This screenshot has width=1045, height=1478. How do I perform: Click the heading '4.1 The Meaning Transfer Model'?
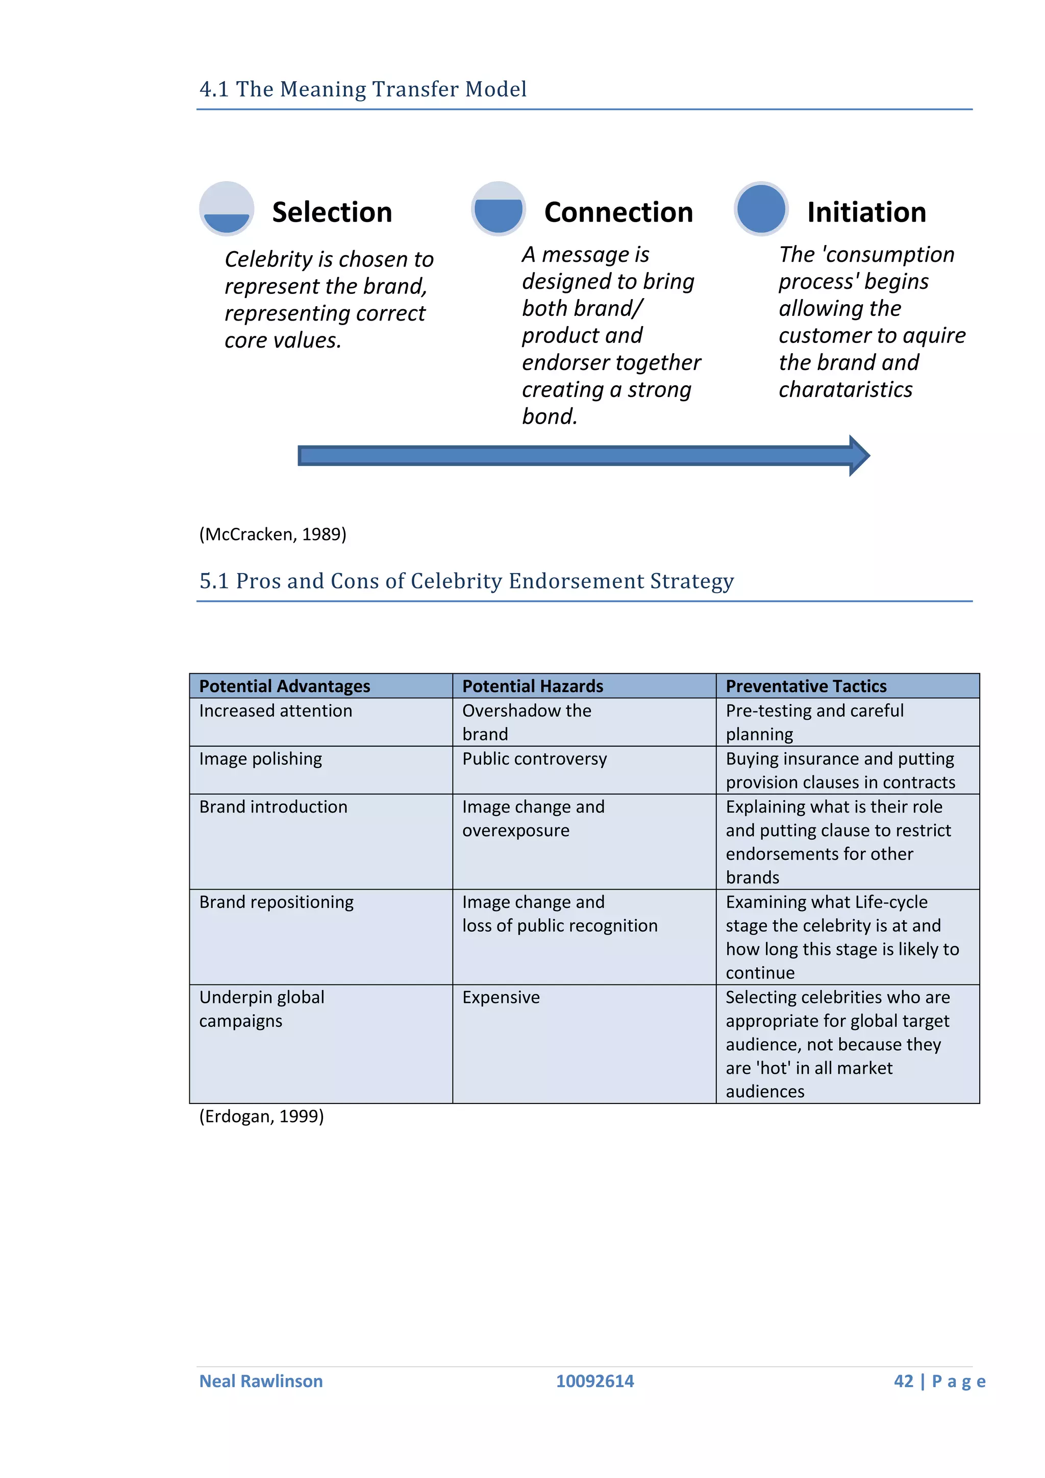(363, 89)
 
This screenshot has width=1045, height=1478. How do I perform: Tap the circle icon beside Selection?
(227, 209)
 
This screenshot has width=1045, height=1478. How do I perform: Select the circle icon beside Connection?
(498, 209)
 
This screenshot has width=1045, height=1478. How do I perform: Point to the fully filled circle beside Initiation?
(761, 209)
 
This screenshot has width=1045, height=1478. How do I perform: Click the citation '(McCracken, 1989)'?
(273, 534)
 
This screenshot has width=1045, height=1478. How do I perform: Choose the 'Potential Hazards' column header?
(533, 686)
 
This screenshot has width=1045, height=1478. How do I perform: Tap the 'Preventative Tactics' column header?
(806, 686)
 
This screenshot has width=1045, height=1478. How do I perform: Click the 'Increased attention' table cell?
(276, 711)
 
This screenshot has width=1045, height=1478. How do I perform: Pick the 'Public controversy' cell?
(535, 759)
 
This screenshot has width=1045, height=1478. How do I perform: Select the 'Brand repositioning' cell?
(277, 902)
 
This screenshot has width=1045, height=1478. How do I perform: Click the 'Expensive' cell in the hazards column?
(501, 997)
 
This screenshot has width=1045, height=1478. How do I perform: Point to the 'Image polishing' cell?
(261, 759)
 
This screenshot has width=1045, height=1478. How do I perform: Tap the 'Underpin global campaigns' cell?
(262, 1008)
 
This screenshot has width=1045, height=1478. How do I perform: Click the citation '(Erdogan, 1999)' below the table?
(261, 1116)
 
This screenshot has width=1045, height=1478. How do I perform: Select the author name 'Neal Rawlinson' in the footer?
(261, 1381)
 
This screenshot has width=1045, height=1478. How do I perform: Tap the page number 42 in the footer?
(904, 1381)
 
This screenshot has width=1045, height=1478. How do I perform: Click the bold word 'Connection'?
(618, 212)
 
